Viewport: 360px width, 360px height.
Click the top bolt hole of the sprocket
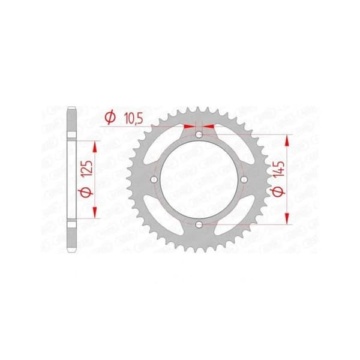[x=199, y=134]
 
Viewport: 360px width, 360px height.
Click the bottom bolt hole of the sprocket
[x=199, y=224]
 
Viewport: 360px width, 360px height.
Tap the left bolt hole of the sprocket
[x=154, y=179]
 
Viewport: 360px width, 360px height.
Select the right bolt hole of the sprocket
[x=244, y=179]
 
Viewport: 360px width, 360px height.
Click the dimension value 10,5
[x=133, y=119]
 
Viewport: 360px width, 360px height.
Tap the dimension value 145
[x=280, y=169]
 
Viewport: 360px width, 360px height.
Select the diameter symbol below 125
[x=86, y=191]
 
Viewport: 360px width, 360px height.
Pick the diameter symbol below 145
[x=278, y=191]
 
